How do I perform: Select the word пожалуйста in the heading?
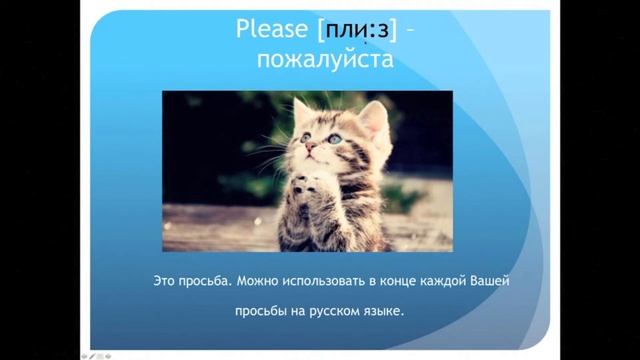tap(320, 64)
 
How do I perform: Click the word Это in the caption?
tap(169, 283)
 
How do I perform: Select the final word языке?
tap(388, 312)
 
